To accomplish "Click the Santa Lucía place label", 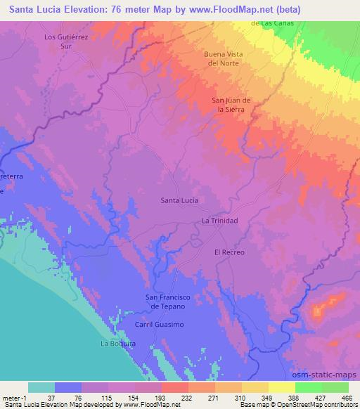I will pos(179,200).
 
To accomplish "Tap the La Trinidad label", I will pos(220,221).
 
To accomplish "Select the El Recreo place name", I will pos(228,251).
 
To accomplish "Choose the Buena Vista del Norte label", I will pos(223,58).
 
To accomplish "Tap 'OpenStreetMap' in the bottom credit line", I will pos(307,405).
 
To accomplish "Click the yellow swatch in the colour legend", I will pos(281,387).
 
